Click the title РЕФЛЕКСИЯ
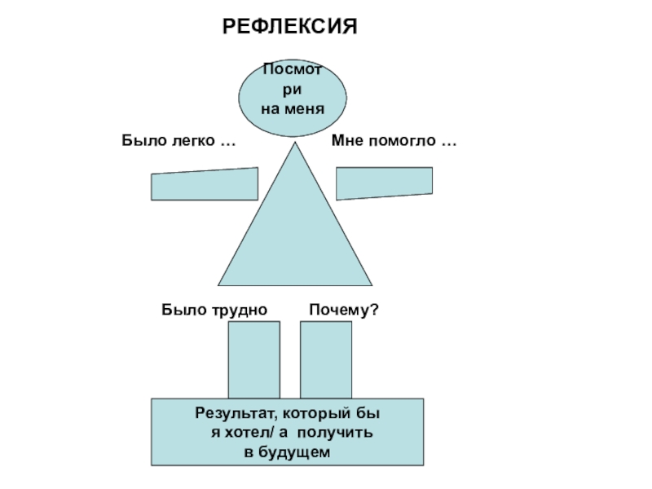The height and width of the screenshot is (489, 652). coord(291,28)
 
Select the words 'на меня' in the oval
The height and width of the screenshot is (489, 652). coord(293,108)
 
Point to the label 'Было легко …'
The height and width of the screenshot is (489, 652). coord(178,141)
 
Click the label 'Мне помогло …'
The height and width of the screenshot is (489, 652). coord(394,141)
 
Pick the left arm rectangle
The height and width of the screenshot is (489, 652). coord(204,184)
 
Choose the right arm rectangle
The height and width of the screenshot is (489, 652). coord(384,183)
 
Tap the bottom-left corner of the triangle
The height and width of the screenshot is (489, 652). coord(218,284)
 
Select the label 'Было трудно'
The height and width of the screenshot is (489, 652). coord(214,310)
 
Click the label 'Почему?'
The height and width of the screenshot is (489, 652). coord(343,310)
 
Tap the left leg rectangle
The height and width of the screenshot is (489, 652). coord(253,359)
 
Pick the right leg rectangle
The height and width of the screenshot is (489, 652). coord(325,359)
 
